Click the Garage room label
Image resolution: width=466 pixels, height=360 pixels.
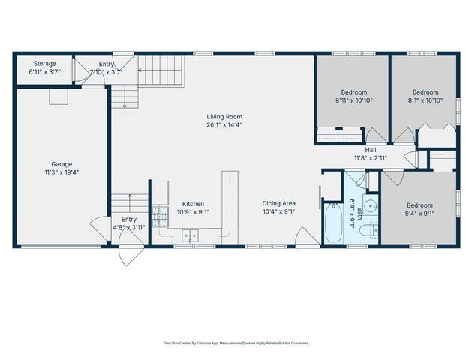[x=62, y=163]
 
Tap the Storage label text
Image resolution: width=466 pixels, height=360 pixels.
[x=44, y=64]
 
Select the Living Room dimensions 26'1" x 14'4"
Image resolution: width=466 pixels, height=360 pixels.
[x=224, y=124]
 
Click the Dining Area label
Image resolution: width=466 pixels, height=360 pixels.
[x=278, y=203]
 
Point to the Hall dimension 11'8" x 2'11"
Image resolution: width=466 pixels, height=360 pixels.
[x=370, y=158]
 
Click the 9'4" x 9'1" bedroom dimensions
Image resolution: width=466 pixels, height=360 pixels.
[x=419, y=214]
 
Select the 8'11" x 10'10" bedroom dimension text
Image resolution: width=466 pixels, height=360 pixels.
[x=353, y=100]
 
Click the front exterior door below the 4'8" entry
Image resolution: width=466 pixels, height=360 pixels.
[x=128, y=253]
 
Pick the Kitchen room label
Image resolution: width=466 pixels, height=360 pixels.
[x=194, y=204]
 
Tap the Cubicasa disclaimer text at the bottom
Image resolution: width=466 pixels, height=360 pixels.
[x=236, y=342]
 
